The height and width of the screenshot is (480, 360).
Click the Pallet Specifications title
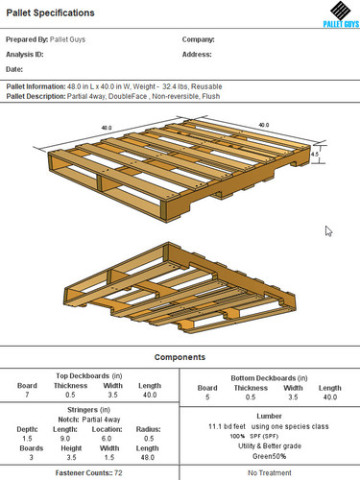coord(50,13)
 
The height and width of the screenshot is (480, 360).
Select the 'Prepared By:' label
coord(27,40)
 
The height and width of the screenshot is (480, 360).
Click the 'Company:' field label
coord(198,40)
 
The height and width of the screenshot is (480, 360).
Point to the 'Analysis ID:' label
coord(25,55)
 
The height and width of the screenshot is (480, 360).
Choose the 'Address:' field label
coord(197,55)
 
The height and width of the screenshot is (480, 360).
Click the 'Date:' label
coord(14,69)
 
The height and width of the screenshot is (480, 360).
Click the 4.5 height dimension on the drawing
coord(315,152)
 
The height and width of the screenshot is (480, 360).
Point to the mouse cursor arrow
coord(329,231)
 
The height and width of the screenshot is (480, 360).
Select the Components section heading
coord(180,356)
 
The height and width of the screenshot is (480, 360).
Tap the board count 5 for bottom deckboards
coord(206,396)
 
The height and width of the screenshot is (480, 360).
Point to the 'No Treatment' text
coord(270,473)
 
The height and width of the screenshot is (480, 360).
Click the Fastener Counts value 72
coord(117,473)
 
